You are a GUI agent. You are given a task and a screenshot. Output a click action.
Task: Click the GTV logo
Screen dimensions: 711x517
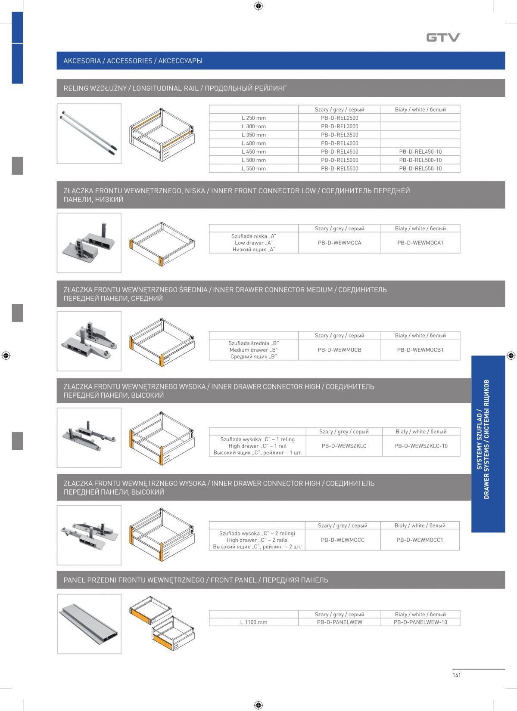pyautogui.click(x=443, y=37)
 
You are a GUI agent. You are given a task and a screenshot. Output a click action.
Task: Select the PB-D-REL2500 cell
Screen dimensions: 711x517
pyautogui.click(x=339, y=118)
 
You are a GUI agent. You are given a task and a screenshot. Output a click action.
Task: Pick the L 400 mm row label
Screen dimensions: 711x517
pyautogui.click(x=254, y=143)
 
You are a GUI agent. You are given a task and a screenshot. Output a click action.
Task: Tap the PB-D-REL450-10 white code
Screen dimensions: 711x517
pyautogui.click(x=420, y=151)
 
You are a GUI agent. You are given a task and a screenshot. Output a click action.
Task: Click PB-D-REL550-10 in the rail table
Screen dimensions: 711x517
pyautogui.click(x=420, y=169)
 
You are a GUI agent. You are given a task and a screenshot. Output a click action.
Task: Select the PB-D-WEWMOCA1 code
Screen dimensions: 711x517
pyautogui.click(x=420, y=243)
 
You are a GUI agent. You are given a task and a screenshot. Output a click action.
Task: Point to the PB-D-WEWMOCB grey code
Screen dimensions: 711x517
pyautogui.click(x=339, y=350)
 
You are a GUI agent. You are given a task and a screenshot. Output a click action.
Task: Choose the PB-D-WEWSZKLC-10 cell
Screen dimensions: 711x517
pyautogui.click(x=421, y=446)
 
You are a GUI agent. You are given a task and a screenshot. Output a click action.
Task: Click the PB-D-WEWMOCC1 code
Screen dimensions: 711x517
pyautogui.click(x=420, y=540)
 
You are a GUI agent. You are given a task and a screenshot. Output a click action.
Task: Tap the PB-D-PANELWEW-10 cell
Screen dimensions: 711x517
pyautogui.click(x=420, y=622)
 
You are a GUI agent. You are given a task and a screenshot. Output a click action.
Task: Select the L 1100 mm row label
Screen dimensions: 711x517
pyautogui.click(x=254, y=622)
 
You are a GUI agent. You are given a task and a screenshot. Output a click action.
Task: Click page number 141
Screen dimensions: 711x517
pyautogui.click(x=457, y=675)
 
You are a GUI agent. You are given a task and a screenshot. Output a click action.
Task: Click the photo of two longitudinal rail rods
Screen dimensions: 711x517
pyautogui.click(x=89, y=133)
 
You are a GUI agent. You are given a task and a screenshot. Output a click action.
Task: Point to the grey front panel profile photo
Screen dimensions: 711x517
pyautogui.click(x=89, y=624)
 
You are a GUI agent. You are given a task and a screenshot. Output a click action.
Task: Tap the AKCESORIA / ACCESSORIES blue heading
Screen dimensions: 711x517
pyautogui.click(x=133, y=61)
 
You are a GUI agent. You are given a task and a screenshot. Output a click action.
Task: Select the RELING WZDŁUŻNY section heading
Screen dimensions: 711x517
pyautogui.click(x=175, y=88)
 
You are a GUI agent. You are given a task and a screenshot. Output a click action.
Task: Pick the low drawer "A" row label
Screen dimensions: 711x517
pyautogui.click(x=254, y=243)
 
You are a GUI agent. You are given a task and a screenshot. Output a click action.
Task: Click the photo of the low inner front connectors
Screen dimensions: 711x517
pyautogui.click(x=89, y=243)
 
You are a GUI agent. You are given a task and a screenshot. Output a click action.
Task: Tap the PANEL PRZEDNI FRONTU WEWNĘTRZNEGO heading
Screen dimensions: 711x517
pyautogui.click(x=196, y=580)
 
